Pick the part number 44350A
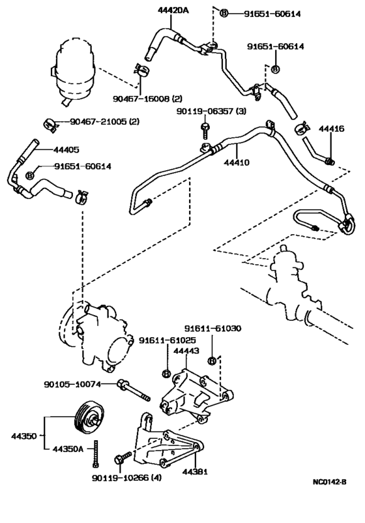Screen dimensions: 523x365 (68, 448)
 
